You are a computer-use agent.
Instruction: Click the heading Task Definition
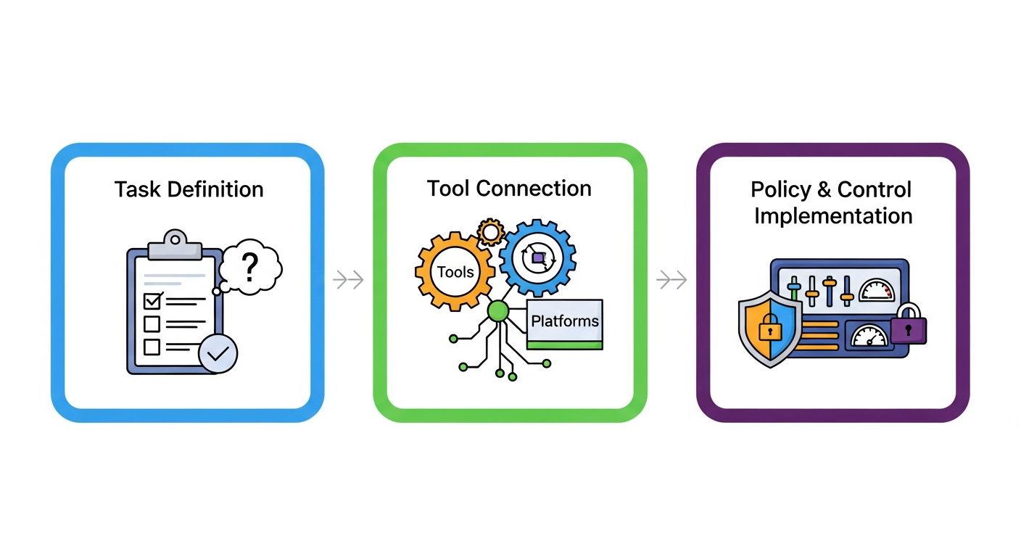coord(189,190)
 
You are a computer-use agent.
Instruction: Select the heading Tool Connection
coord(509,189)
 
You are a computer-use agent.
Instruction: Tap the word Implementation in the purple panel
coord(833,216)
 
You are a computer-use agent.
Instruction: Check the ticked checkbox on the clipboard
coord(152,300)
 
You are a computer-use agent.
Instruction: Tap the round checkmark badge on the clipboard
coord(218,354)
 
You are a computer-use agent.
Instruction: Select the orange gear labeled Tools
coord(455,272)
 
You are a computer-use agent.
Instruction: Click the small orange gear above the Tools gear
coord(491,232)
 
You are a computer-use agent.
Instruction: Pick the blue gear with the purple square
coord(537,258)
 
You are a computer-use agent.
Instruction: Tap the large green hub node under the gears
coord(498,312)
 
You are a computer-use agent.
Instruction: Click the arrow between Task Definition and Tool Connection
coord(349,280)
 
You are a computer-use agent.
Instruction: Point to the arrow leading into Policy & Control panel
coord(671,280)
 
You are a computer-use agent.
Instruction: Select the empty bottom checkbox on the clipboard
coord(152,347)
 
